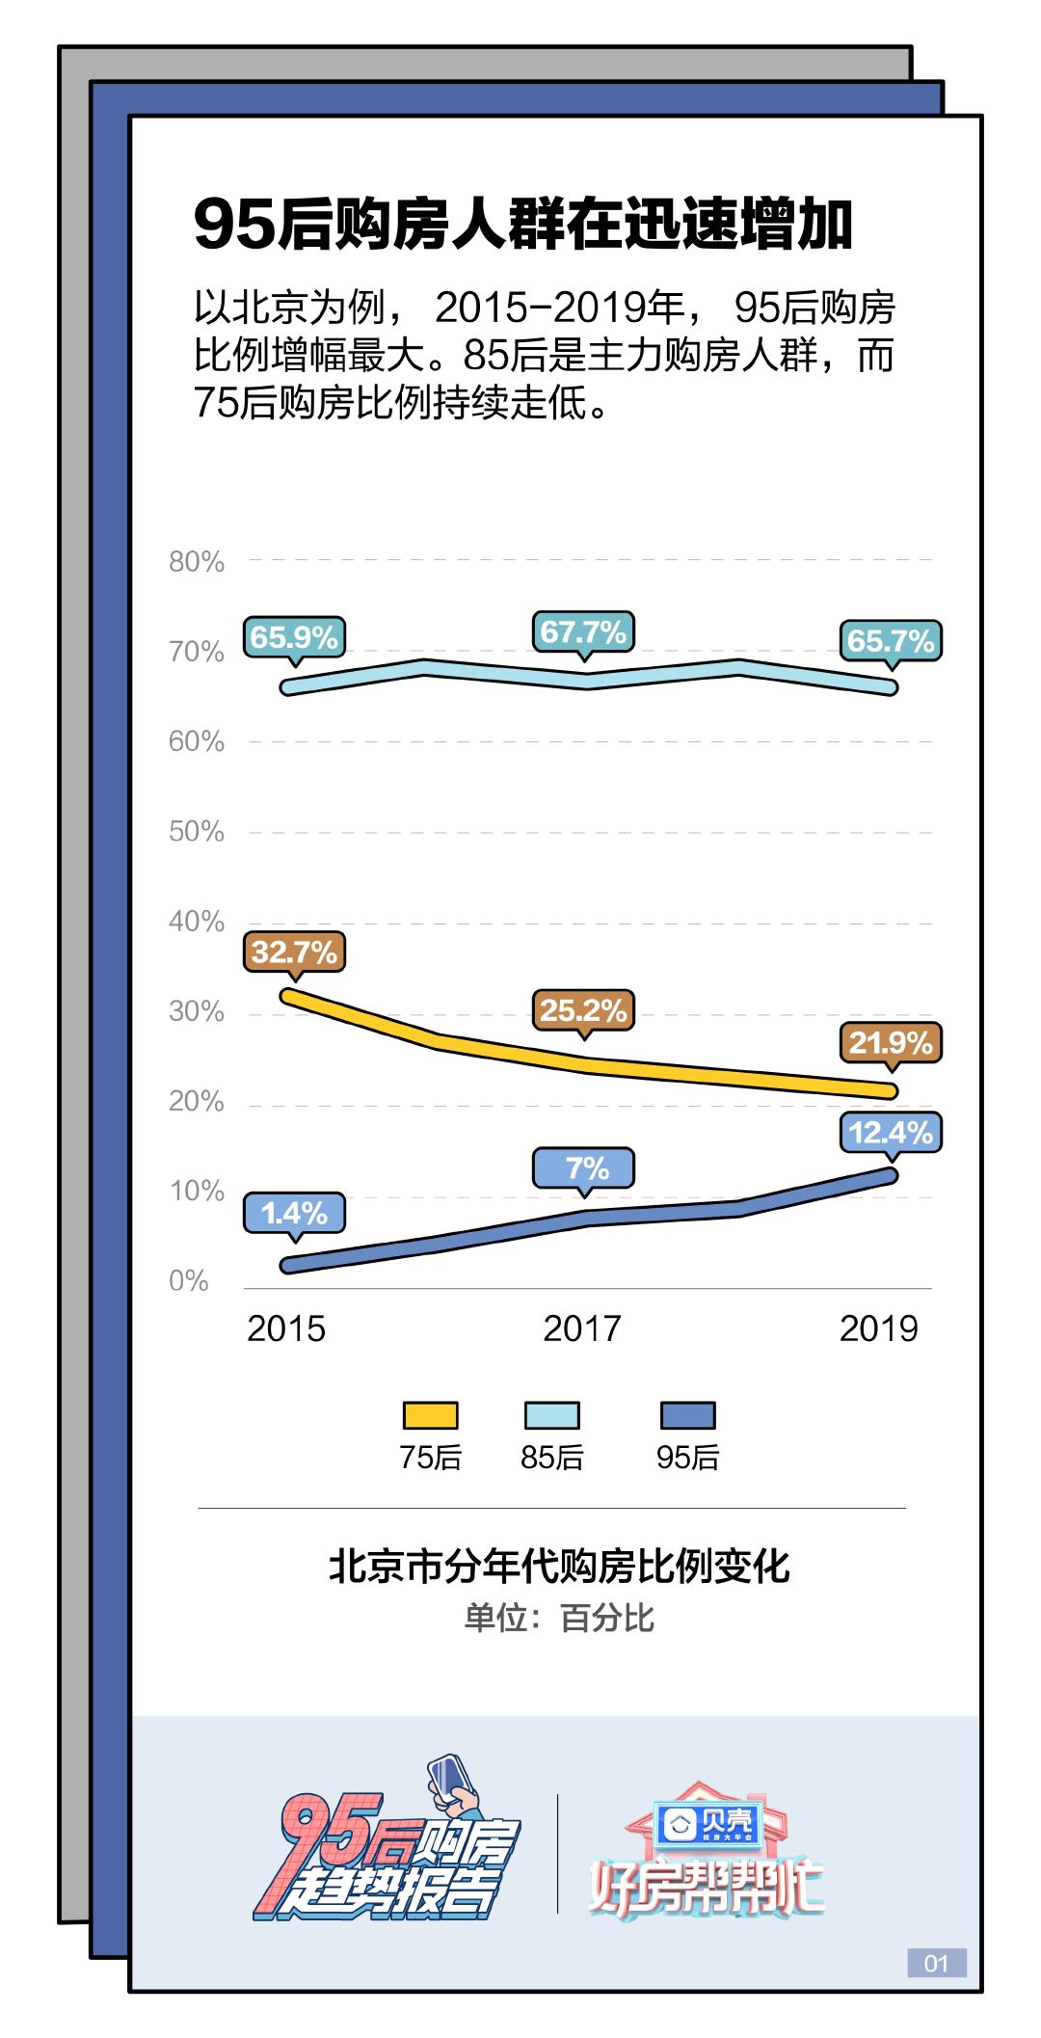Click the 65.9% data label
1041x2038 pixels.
(x=294, y=637)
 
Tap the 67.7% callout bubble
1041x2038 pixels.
(x=583, y=632)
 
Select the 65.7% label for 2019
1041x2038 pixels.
(x=891, y=640)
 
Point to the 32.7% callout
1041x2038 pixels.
(x=294, y=952)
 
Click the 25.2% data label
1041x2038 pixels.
(x=583, y=1010)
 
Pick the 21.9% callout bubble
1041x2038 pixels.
(x=891, y=1043)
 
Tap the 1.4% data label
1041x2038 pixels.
(x=294, y=1214)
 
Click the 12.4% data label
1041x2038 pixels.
(x=891, y=1132)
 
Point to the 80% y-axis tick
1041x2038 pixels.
(x=197, y=562)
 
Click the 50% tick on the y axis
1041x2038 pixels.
(x=197, y=832)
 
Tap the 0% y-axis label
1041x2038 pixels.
(x=189, y=1281)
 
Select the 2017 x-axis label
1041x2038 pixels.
(x=582, y=1328)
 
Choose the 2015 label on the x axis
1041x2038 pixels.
(x=286, y=1328)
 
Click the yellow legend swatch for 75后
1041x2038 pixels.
(x=430, y=1415)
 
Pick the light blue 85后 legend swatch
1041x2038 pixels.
(x=551, y=1415)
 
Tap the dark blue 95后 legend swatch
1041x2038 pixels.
(x=687, y=1415)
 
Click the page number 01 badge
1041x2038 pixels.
(x=936, y=1963)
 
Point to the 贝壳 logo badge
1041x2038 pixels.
(x=710, y=1821)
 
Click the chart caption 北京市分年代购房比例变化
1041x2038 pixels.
(x=559, y=1567)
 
